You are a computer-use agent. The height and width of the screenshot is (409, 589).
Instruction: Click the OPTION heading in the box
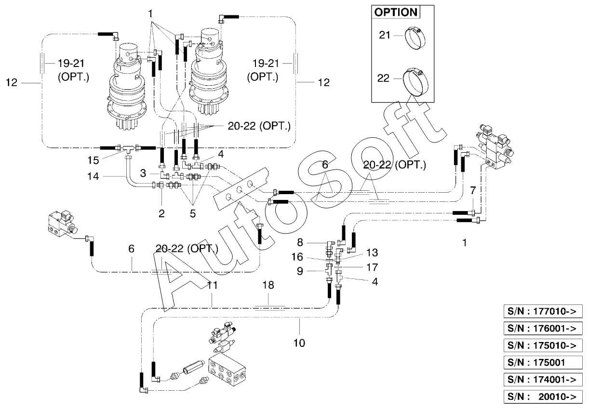(396, 12)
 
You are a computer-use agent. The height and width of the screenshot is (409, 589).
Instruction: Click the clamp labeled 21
(415, 39)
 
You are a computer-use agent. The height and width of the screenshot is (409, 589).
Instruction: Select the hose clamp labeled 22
(415, 81)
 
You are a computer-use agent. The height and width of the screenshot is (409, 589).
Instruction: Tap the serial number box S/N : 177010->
(543, 311)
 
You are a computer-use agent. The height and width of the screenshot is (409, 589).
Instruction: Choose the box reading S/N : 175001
(543, 362)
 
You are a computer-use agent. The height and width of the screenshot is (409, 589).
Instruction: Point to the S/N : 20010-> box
(543, 396)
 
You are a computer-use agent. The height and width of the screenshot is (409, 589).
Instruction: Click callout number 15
(93, 160)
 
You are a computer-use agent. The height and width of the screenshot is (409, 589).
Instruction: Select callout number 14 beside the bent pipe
(93, 176)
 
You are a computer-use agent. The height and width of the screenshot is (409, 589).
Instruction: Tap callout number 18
(268, 285)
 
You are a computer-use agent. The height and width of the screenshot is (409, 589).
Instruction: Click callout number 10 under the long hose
(299, 343)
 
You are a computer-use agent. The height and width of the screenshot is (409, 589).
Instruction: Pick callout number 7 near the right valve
(473, 190)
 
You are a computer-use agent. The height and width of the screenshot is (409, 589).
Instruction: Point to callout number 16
(297, 257)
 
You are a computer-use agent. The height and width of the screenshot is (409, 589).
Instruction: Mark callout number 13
(372, 252)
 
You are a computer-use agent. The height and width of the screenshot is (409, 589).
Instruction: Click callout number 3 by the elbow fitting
(143, 173)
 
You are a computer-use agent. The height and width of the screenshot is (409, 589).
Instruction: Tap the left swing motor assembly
(127, 87)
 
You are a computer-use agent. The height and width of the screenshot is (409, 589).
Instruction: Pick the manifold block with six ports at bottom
(227, 369)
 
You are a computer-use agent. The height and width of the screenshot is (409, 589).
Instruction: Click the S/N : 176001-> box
(543, 328)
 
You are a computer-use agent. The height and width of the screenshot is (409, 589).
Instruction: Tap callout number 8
(300, 242)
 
